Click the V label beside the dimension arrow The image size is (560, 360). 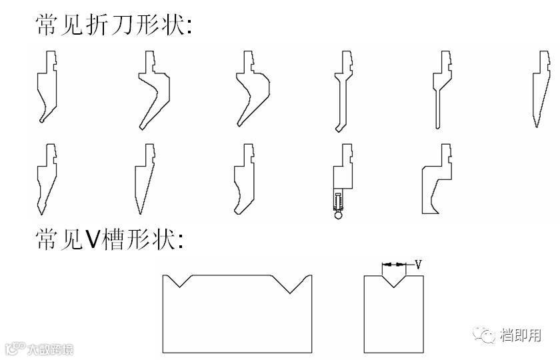pyautogui.click(x=417, y=264)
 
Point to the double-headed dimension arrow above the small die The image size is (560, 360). pyautogui.click(x=395, y=265)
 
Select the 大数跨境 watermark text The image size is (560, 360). pyautogui.click(x=50, y=349)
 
